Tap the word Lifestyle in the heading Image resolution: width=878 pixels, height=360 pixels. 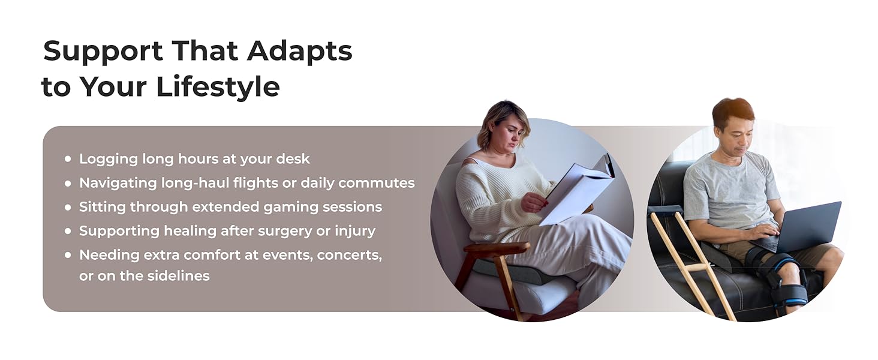pos(218,86)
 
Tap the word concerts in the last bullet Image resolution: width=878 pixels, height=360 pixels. pos(349,255)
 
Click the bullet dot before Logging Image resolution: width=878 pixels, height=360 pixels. pos(68,159)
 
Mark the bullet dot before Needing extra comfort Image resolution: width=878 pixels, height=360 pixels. pos(68,255)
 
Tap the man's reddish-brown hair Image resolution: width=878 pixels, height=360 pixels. pos(732,111)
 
